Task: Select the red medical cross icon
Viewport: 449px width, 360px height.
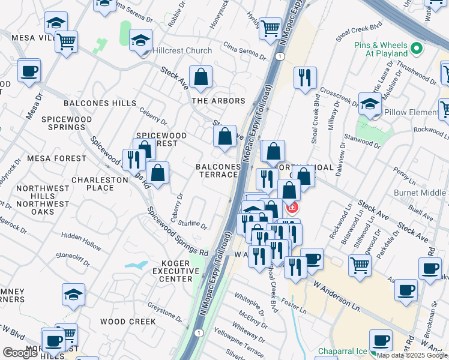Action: click(x=292, y=208)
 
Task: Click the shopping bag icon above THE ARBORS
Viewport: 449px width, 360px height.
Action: click(x=200, y=77)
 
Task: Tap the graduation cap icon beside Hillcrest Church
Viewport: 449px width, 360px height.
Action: click(x=140, y=40)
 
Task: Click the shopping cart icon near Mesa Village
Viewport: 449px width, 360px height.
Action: click(x=66, y=42)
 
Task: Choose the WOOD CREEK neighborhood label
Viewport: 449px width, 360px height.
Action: click(x=128, y=322)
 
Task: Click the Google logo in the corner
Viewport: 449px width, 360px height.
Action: click(x=20, y=353)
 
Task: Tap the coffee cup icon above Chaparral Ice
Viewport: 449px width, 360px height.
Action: click(x=381, y=341)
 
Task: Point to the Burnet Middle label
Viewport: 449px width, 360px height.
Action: click(x=420, y=193)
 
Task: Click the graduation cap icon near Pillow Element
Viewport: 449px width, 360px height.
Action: click(x=370, y=104)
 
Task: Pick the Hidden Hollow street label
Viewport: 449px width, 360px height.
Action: click(x=81, y=238)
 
